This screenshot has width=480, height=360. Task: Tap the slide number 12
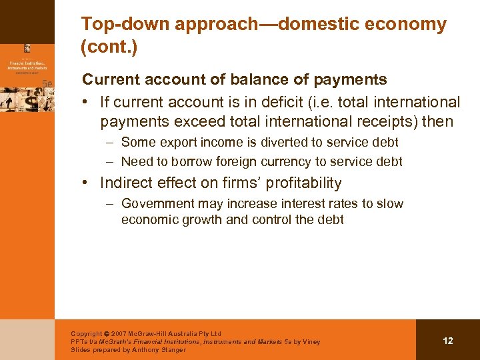447,341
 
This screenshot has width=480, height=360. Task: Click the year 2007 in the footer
119,334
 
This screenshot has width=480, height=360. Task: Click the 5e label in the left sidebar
47,83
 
